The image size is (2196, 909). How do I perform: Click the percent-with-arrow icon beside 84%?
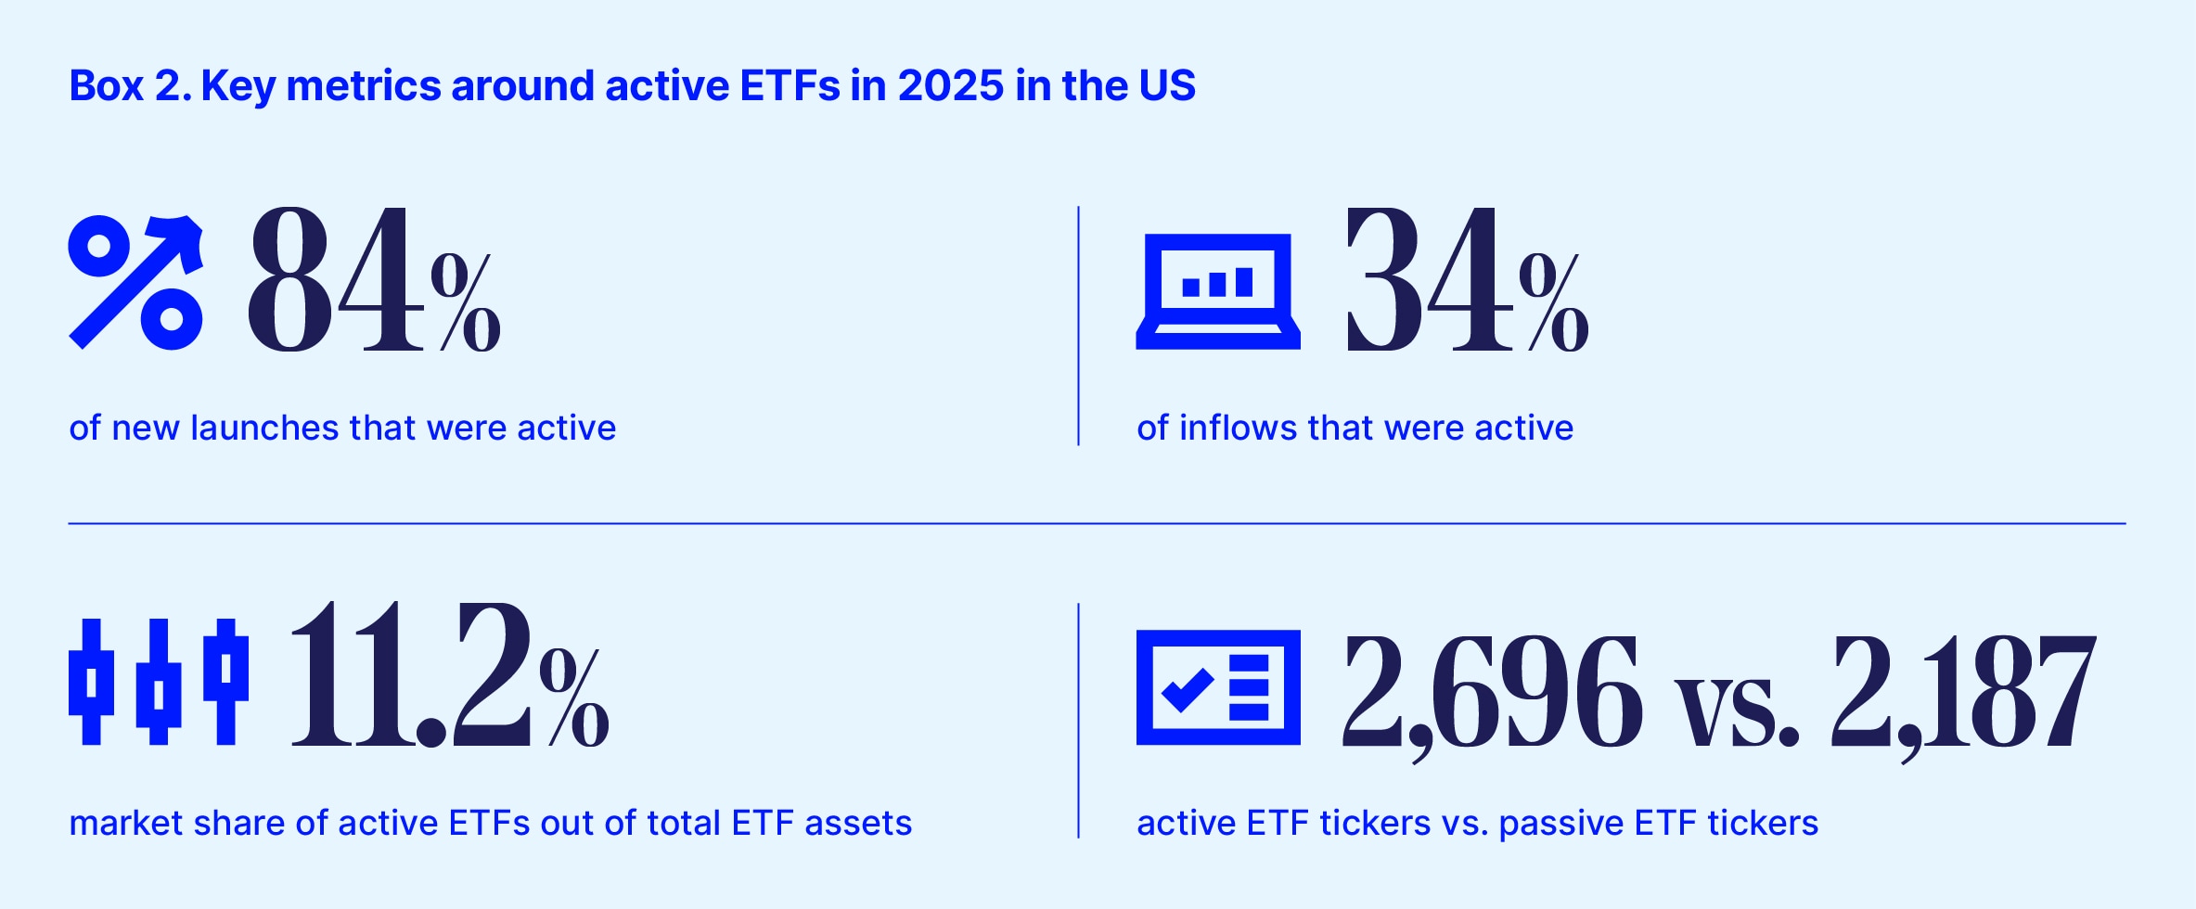click(x=135, y=283)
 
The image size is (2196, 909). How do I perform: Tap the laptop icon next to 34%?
click(x=1217, y=291)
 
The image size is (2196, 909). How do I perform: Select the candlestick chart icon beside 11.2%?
click(x=159, y=682)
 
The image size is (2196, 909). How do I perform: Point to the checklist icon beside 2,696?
click(x=1217, y=687)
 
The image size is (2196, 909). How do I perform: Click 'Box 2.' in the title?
click(x=130, y=86)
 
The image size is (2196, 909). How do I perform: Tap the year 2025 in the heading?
click(x=950, y=86)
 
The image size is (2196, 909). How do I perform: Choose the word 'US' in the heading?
click(x=1167, y=86)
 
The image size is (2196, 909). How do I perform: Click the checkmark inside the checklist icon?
click(x=1187, y=690)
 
